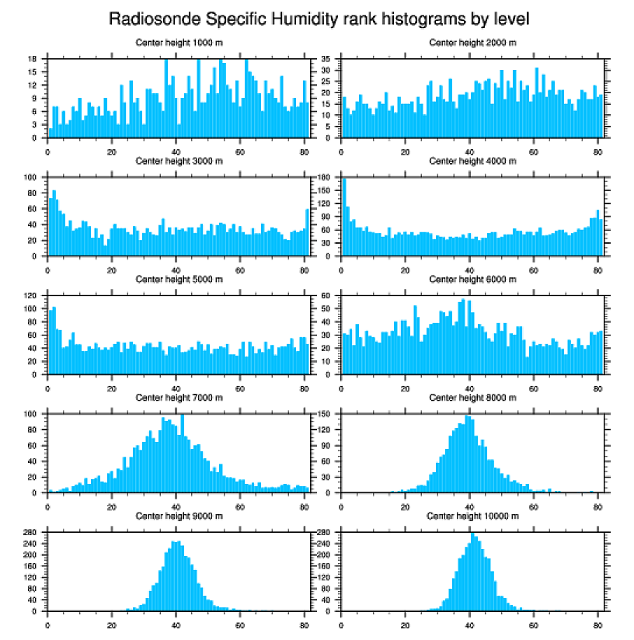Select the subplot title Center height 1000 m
(179, 43)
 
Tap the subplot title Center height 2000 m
(473, 43)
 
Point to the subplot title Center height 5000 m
(179, 280)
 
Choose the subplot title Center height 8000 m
(473, 398)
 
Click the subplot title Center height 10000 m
(473, 516)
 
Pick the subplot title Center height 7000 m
(179, 398)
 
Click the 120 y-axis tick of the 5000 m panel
(32, 296)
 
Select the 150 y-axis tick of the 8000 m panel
(326, 414)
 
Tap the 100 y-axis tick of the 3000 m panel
(32, 178)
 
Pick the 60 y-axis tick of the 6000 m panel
(326, 296)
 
